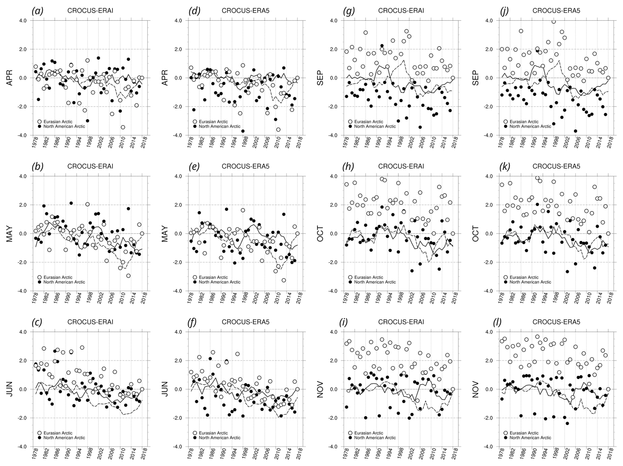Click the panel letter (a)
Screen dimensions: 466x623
click(37, 11)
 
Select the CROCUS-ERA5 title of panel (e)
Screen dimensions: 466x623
click(245, 166)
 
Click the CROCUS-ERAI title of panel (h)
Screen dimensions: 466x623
click(401, 166)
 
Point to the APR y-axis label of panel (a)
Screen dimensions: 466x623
click(10, 78)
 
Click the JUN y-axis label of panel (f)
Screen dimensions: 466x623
click(165, 389)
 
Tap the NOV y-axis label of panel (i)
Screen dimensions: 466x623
click(320, 389)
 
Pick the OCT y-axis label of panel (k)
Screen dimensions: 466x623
click(475, 233)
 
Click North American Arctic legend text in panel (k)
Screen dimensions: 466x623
click(530, 282)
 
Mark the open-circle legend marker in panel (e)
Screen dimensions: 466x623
click(195, 277)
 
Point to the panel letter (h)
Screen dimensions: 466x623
click(348, 166)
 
